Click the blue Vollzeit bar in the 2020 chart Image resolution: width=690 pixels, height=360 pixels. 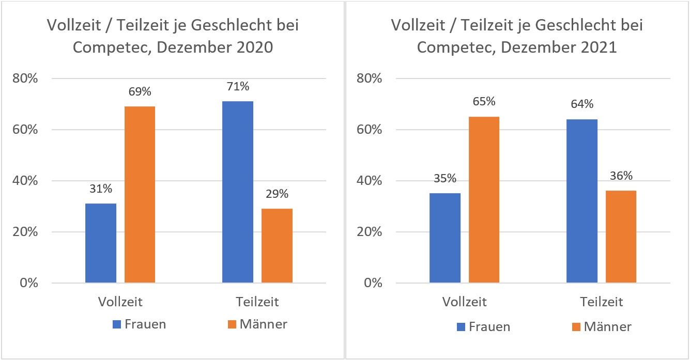101,243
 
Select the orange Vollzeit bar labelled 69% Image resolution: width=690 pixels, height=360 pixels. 140,195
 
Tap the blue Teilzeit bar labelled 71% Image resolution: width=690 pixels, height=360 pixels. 238,192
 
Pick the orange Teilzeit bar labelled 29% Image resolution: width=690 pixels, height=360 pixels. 277,246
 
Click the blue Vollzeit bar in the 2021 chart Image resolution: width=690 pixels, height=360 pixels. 445,238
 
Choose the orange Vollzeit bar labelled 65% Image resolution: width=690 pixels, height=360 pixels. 484,200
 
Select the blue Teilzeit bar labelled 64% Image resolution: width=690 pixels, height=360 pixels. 582,201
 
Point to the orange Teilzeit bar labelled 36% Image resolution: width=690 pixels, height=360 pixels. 621,237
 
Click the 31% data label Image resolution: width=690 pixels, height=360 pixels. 101,189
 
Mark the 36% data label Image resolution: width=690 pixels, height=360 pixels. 621,176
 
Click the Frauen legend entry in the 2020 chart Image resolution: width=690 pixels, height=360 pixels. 140,324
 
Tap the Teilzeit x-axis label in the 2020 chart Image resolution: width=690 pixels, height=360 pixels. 257,302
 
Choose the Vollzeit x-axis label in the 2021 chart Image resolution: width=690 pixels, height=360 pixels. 464,302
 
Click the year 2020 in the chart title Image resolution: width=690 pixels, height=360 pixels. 252,48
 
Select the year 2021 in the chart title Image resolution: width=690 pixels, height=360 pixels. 596,48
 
